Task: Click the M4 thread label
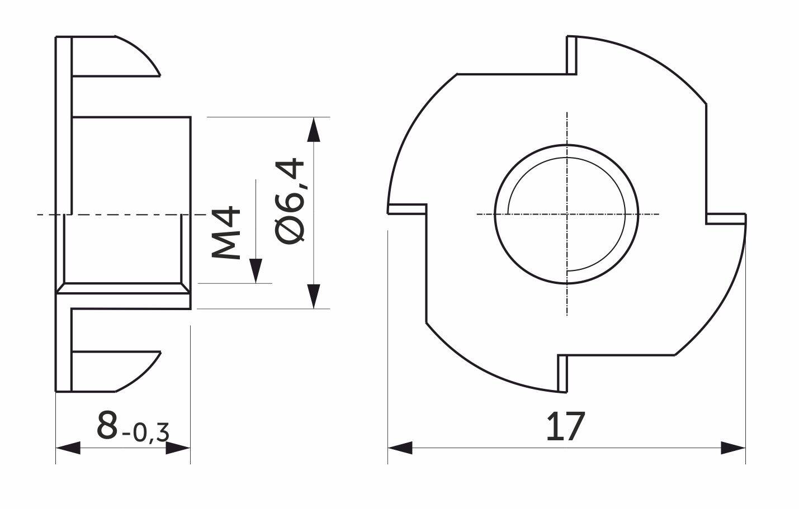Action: point(225,233)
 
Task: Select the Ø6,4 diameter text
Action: point(290,201)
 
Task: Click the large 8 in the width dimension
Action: point(107,425)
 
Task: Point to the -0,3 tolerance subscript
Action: point(145,433)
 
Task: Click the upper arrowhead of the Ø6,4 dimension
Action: point(313,130)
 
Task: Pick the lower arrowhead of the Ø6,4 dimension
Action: point(313,296)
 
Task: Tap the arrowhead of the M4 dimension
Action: point(256,271)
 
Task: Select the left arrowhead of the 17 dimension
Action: point(400,448)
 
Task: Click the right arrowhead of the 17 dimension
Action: point(733,448)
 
